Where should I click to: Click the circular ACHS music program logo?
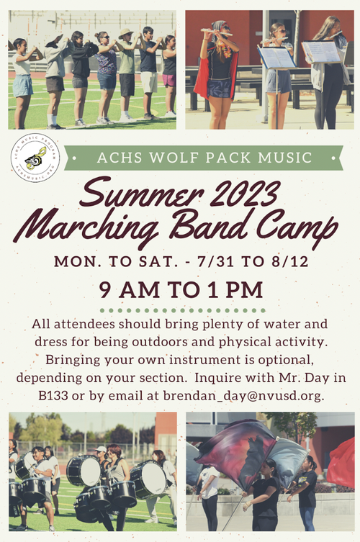(35, 157)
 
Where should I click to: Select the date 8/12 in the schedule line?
(289, 261)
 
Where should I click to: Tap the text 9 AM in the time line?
(131, 290)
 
